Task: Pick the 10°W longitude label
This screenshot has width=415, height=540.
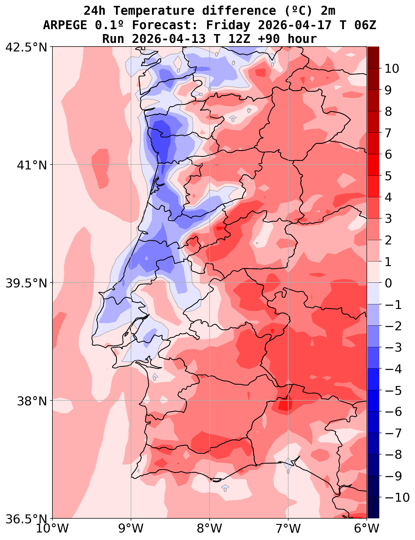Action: tap(52, 529)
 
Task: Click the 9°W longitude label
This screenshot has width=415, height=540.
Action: tap(131, 529)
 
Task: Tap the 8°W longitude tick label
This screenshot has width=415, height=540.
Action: tap(210, 529)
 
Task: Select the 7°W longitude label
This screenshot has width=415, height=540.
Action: tap(288, 529)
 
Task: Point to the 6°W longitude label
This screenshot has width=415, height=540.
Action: tap(367, 529)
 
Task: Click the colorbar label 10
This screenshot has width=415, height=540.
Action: tap(392, 69)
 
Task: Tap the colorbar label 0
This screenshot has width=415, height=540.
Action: tap(388, 283)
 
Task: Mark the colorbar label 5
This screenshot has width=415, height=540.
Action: tap(388, 176)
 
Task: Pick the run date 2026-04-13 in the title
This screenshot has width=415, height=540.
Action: tap(169, 39)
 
